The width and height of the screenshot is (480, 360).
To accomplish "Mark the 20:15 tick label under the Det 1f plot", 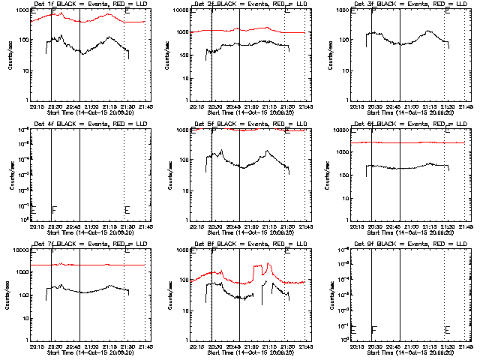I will pyautogui.click(x=36, y=106).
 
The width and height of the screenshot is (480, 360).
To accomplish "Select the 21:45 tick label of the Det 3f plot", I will pyautogui.click(x=466, y=106).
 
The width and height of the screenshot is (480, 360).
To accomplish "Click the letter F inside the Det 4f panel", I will pyautogui.click(x=54, y=209).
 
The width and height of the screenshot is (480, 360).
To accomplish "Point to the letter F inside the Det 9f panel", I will pyautogui.click(x=374, y=329).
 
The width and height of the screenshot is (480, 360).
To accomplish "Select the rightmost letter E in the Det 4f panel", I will pyautogui.click(x=127, y=209).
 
